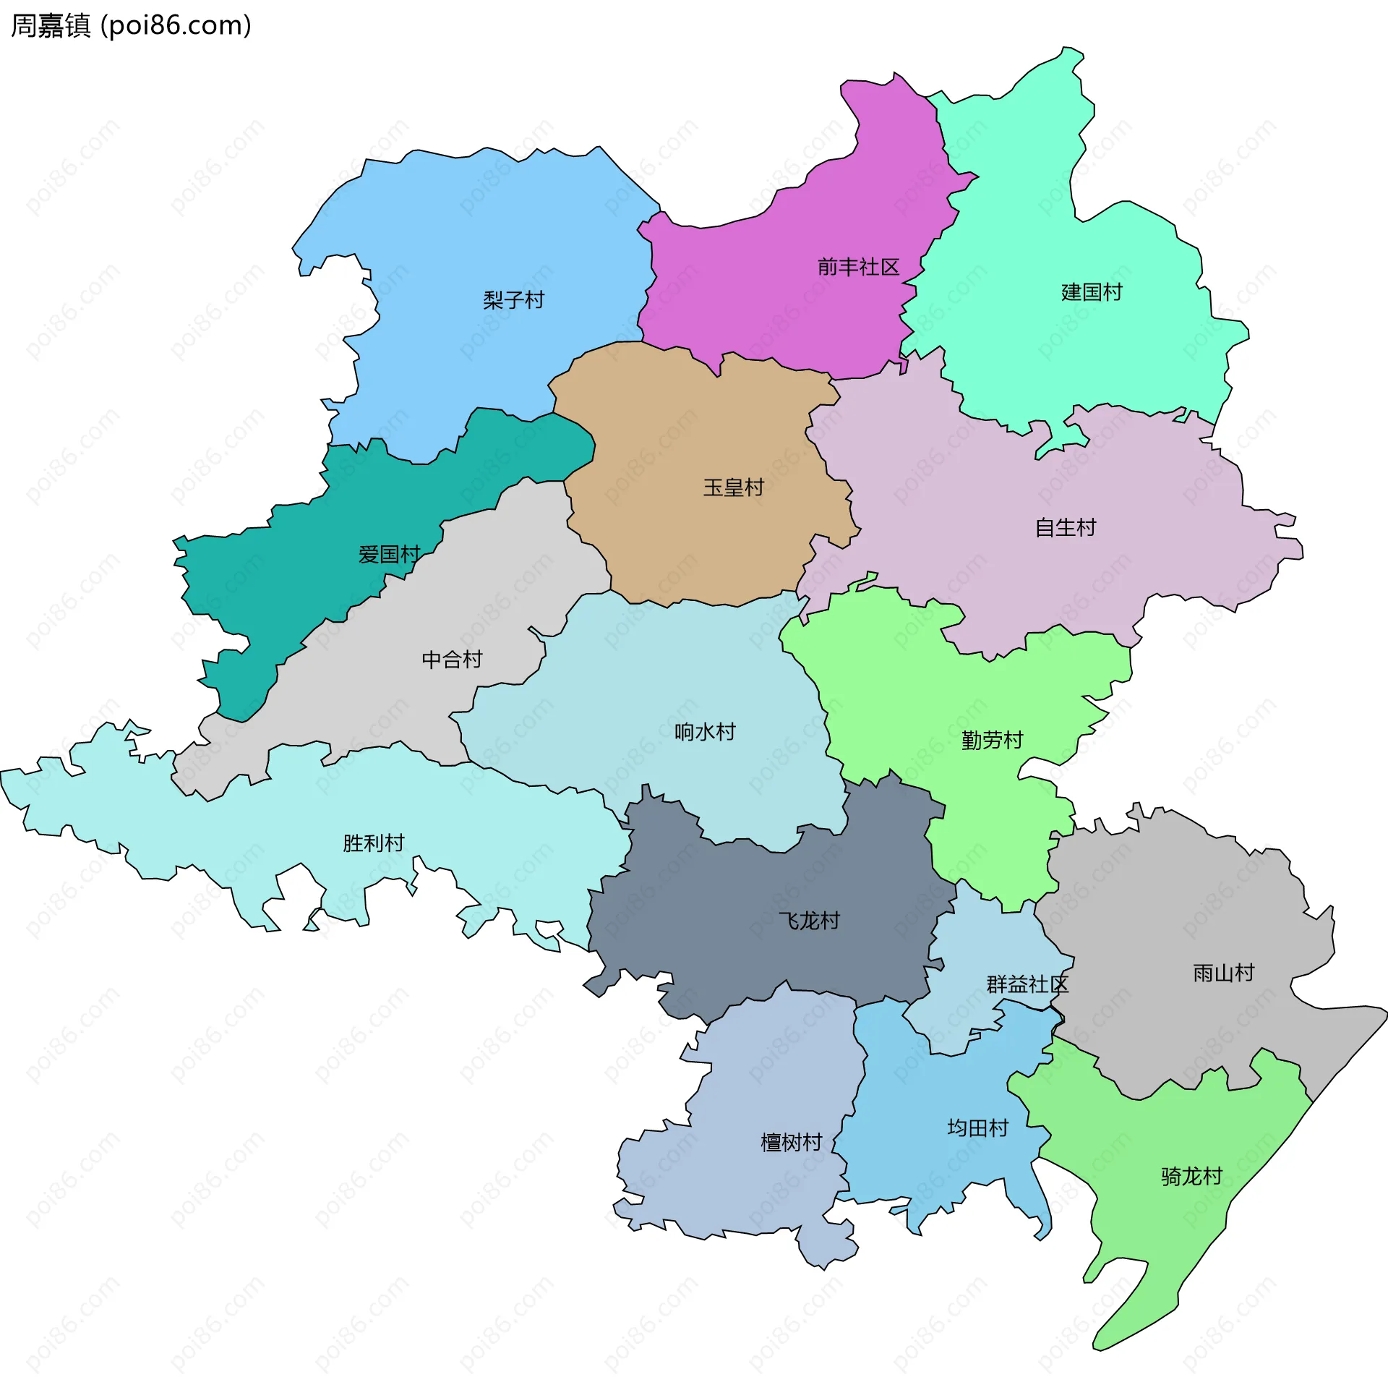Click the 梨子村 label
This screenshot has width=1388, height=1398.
pyautogui.click(x=513, y=299)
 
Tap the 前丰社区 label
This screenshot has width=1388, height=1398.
pyautogui.click(x=858, y=267)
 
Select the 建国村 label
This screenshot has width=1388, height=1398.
pyautogui.click(x=1092, y=292)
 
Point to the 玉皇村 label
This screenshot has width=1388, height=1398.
pyautogui.click(x=734, y=487)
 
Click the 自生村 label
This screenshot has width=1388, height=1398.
pyautogui.click(x=1065, y=527)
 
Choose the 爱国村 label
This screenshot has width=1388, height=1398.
pyautogui.click(x=389, y=554)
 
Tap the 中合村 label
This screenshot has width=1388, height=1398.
pyautogui.click(x=452, y=659)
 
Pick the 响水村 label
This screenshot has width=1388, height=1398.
pyautogui.click(x=705, y=732)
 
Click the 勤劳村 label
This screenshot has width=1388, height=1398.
pyautogui.click(x=992, y=741)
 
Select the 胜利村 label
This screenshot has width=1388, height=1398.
pyautogui.click(x=373, y=843)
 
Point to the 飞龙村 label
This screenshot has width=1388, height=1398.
pyautogui.click(x=809, y=921)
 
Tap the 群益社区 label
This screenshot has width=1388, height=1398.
pyautogui.click(x=1027, y=984)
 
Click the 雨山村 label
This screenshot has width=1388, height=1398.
pyautogui.click(x=1223, y=973)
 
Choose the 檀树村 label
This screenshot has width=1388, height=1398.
pyautogui.click(x=792, y=1143)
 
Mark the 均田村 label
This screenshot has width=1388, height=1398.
pyautogui.click(x=977, y=1128)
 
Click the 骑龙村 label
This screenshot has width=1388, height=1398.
pyautogui.click(x=1191, y=1177)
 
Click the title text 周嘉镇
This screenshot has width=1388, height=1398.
pyautogui.click(x=51, y=25)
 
